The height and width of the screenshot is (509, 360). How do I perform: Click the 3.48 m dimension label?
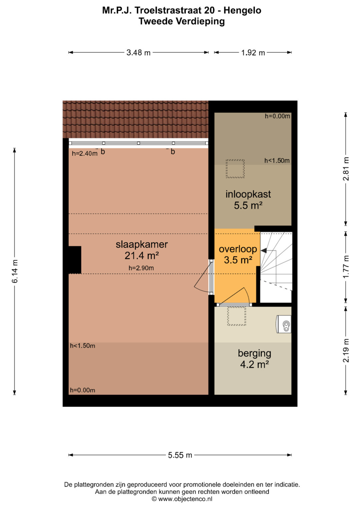pyautogui.click(x=138, y=53)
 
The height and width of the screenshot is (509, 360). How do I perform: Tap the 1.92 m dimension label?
pyautogui.click(x=253, y=53)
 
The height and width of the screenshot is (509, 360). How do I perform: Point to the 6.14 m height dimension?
pyautogui.click(x=15, y=271)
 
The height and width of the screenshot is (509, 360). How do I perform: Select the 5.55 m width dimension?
pyautogui.click(x=180, y=455)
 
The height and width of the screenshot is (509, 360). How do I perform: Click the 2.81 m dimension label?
pyautogui.click(x=346, y=169)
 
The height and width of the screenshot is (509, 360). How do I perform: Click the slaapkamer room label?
pyautogui.click(x=142, y=245)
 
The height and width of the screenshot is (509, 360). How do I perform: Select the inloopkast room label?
pyautogui.click(x=248, y=194)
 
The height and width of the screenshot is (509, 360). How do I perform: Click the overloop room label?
pyautogui.click(x=238, y=249)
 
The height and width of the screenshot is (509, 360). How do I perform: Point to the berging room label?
pyautogui.click(x=255, y=354)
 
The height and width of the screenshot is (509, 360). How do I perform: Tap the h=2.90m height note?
pyautogui.click(x=141, y=268)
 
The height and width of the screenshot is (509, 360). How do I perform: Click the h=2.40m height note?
pyautogui.click(x=85, y=154)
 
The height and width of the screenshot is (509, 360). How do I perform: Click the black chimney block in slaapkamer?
pyautogui.click(x=75, y=260)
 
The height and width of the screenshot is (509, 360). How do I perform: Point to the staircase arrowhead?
pyautogui.click(x=264, y=251)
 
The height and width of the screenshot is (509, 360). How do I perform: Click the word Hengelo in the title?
pyautogui.click(x=242, y=10)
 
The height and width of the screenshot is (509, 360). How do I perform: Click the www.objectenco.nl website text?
pyautogui.click(x=185, y=499)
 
